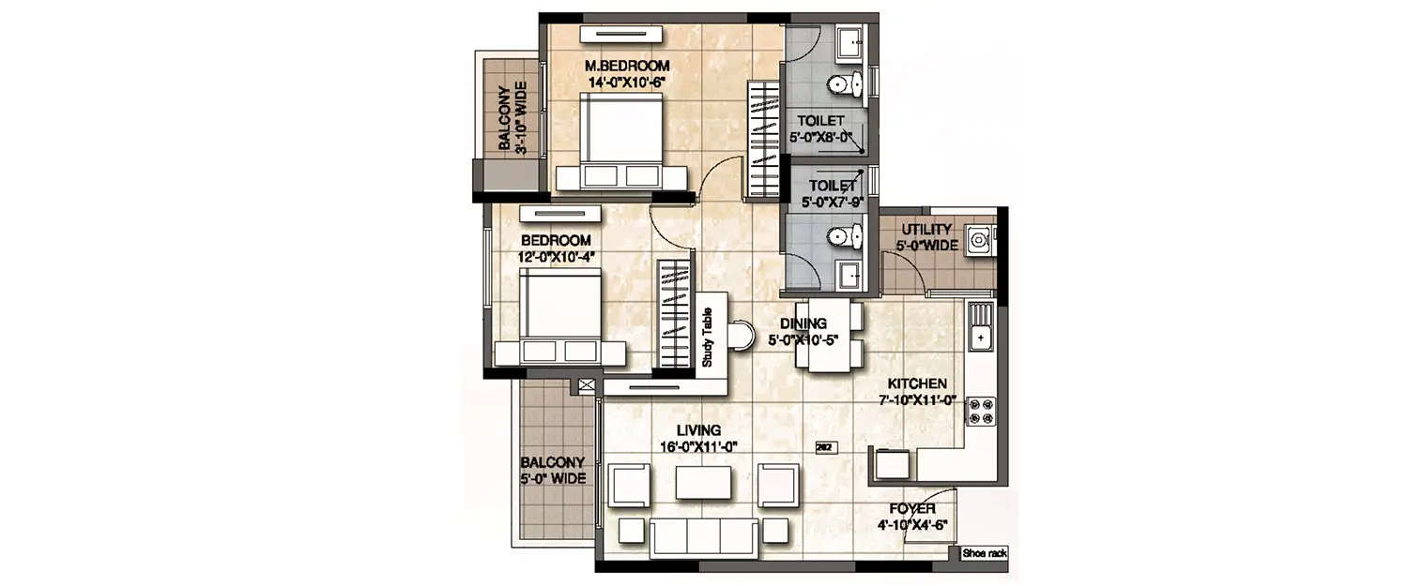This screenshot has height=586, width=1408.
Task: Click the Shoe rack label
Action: [984, 554]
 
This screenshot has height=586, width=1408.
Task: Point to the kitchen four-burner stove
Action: [981, 411]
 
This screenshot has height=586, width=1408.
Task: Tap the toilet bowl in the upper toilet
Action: [844, 86]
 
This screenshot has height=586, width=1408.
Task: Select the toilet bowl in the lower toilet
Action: [844, 237]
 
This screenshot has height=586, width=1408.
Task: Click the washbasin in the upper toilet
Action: [849, 42]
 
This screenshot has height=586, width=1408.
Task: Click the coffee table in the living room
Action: [703, 483]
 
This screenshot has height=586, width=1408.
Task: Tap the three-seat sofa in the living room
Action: [703, 536]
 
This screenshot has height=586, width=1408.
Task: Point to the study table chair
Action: [741, 335]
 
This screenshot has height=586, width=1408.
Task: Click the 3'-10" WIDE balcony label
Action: [512, 116]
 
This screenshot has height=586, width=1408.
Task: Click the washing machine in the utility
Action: [980, 240]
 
